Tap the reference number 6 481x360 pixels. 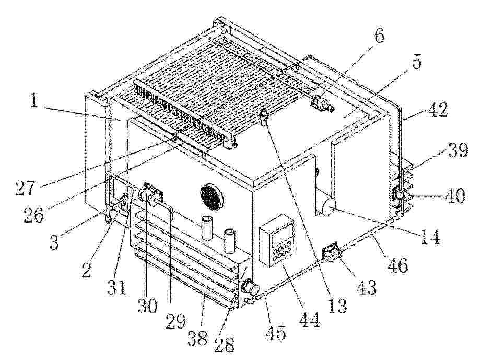pos(379,37)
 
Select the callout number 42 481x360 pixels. pos(438,110)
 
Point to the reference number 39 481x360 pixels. pos(457,150)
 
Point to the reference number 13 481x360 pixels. pos(336,306)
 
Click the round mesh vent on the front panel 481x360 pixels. pos(212,197)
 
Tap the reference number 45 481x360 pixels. pos(276,332)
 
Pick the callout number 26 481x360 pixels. pos(34,215)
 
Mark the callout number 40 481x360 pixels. pos(455,195)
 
